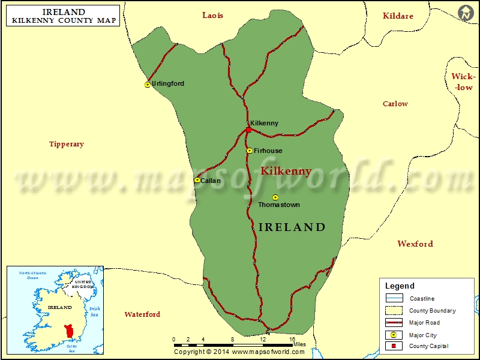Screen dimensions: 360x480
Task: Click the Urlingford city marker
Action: coord(148,85)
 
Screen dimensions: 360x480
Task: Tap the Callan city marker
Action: coord(197,179)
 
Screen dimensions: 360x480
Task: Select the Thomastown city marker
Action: coord(275,197)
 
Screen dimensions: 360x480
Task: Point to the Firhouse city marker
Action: coord(250,151)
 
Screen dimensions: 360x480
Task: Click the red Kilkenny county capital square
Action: coord(248,130)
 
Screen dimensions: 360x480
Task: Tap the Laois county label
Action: coord(212,15)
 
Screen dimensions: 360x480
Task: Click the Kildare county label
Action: coord(398,16)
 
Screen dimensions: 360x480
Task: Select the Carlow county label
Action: coord(395,104)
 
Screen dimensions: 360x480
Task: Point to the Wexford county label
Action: coord(415,244)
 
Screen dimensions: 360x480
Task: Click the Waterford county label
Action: coord(142,314)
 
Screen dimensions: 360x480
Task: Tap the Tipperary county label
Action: coord(67,144)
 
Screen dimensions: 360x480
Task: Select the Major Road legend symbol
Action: coord(394,323)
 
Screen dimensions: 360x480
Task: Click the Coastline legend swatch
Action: coord(394,299)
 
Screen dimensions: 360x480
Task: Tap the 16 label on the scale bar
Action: coord(292,340)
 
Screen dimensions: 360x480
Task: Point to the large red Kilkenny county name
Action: coord(286,171)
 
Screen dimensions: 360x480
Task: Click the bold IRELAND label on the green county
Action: coord(292,227)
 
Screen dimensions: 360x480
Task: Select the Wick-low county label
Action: coord(463,82)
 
